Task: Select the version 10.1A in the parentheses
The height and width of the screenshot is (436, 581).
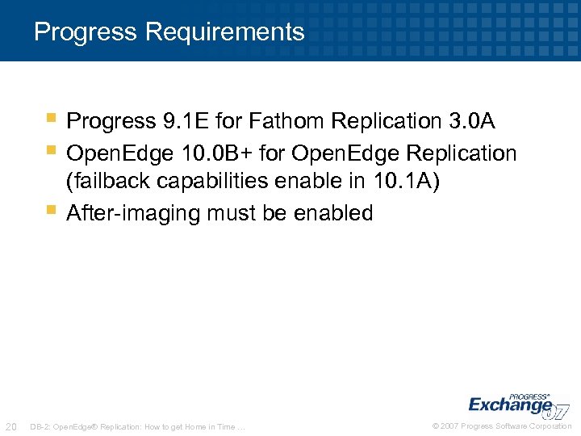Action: [404, 182]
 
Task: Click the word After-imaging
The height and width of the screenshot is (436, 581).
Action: [133, 214]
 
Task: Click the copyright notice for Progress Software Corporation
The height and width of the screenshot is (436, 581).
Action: [502, 426]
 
